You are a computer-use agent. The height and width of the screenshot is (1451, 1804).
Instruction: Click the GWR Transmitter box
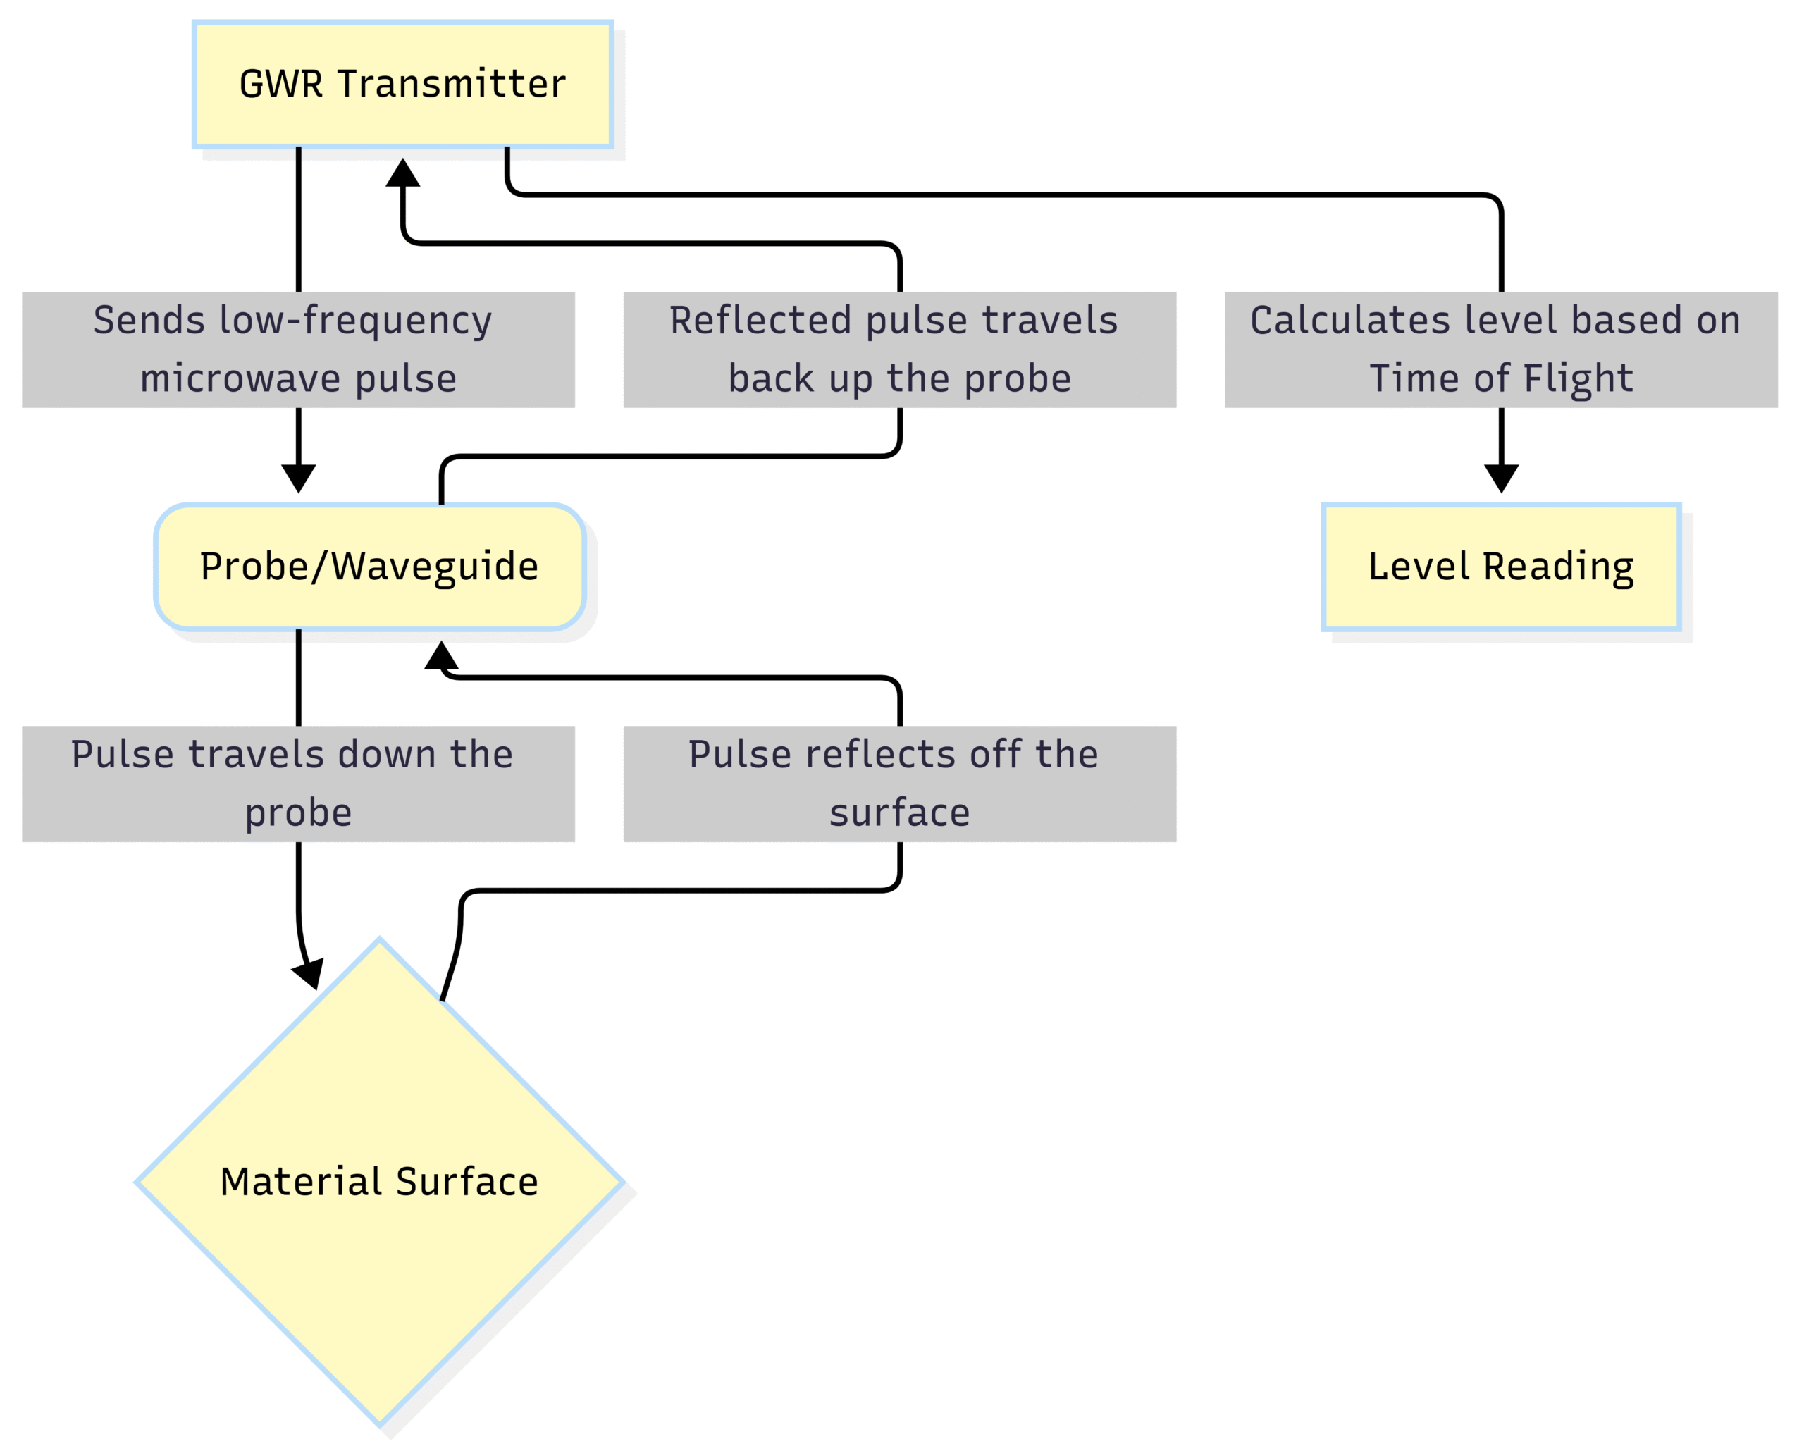[402, 85]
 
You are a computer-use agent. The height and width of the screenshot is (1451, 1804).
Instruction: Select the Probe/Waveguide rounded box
[369, 567]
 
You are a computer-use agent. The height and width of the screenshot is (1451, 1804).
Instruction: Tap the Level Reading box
[1500, 567]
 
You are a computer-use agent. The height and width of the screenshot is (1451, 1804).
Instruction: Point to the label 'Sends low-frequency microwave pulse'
[298, 350]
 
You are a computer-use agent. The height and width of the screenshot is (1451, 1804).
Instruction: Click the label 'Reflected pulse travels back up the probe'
[898, 350]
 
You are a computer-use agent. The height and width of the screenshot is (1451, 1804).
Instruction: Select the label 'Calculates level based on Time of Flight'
[1500, 350]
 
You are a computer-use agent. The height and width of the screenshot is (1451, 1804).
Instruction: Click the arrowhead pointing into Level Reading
[1500, 478]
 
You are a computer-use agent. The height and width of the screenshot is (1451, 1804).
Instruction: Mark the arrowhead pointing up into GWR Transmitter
[402, 173]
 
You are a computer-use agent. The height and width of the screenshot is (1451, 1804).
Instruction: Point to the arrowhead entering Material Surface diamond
[309, 973]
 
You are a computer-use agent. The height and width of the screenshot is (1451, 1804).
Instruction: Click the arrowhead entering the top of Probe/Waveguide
[298, 478]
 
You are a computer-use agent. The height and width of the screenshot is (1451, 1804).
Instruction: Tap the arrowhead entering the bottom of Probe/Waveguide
[441, 655]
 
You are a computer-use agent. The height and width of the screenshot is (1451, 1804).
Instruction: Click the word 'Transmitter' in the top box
[452, 85]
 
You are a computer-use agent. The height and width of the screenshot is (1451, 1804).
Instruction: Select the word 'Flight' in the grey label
[1577, 378]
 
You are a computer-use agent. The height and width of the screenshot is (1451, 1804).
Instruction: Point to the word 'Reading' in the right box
[1558, 567]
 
